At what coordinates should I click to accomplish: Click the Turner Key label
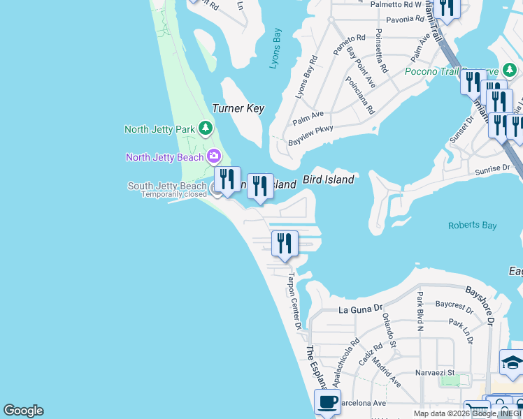[238, 108]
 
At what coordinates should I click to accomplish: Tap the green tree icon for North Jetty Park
[206, 128]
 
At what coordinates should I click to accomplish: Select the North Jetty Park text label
[159, 129]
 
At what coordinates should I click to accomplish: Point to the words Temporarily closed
[174, 195]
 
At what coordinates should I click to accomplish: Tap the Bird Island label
[328, 179]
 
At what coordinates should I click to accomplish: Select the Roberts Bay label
[473, 226]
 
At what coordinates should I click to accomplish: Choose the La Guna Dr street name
[361, 308]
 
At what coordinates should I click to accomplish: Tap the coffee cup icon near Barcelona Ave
[327, 402]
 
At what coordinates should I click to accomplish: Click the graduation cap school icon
[512, 362]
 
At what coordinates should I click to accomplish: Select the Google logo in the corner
[22, 411]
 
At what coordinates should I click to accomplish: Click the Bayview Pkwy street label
[311, 134]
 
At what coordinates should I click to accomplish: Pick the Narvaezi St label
[436, 373]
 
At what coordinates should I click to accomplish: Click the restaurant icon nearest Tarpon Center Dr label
[285, 243]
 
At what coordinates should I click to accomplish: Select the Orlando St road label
[389, 331]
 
